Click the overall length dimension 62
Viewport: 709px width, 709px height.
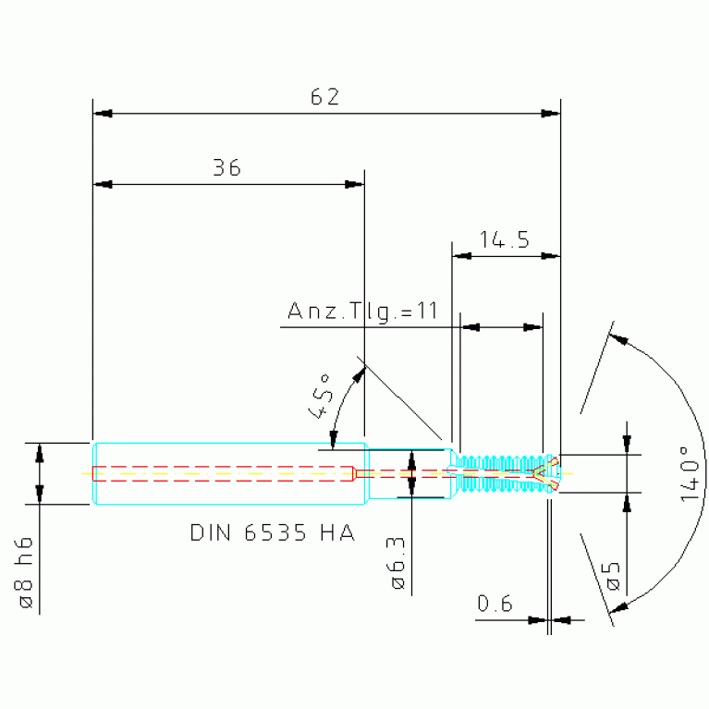pyautogui.click(x=324, y=97)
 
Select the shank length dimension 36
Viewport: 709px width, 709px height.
pyautogui.click(x=226, y=167)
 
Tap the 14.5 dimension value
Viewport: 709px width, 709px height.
pyautogui.click(x=504, y=239)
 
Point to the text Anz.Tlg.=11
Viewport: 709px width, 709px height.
pyautogui.click(x=362, y=312)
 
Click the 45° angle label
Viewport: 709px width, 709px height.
pyautogui.click(x=322, y=397)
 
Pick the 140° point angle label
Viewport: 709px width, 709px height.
pyautogui.click(x=690, y=473)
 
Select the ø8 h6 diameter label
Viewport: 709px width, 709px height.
pyautogui.click(x=25, y=572)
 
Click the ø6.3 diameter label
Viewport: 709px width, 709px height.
pyautogui.click(x=397, y=564)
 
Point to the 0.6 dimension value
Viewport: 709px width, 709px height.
pyautogui.click(x=495, y=604)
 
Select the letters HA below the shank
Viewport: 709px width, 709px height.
pyautogui.click(x=337, y=532)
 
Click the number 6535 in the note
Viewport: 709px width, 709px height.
pyautogui.click(x=275, y=532)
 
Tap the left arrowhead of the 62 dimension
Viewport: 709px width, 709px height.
pyautogui.click(x=103, y=113)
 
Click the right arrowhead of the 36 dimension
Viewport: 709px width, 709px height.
pyautogui.click(x=354, y=185)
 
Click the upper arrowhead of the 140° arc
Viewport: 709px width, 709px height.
pyautogui.click(x=618, y=338)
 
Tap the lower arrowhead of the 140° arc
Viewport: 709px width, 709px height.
pyautogui.click(x=618, y=607)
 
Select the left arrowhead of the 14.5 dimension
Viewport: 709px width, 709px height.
pyautogui.click(x=461, y=256)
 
